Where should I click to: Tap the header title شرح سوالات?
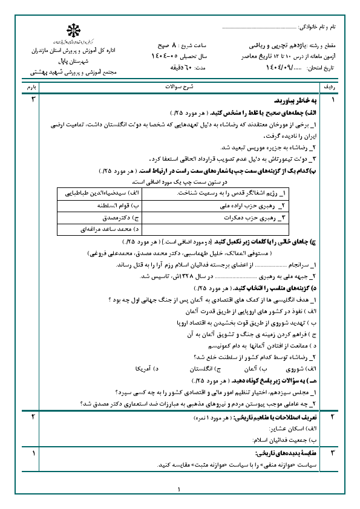coord(180,88)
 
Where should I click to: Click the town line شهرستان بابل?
coord(73,62)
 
